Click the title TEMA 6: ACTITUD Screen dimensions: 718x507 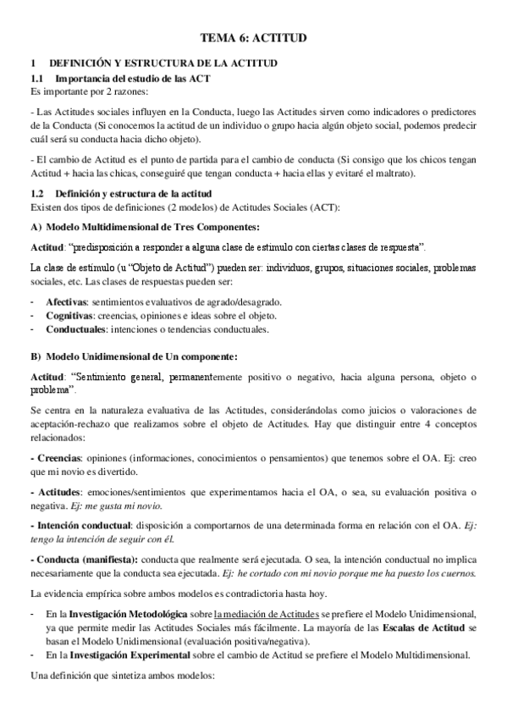253,38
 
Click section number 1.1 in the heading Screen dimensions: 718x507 36,78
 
